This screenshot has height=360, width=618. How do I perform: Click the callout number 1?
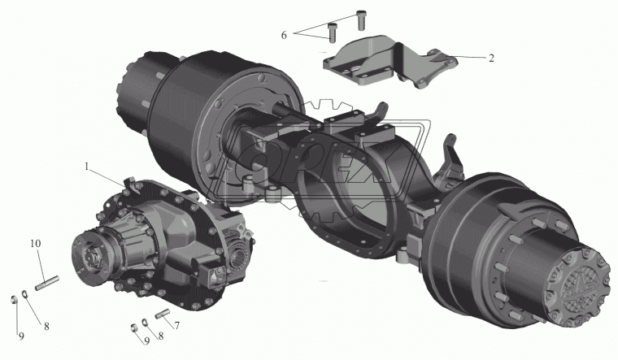[x=87, y=167]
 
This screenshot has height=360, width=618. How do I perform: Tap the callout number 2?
[x=491, y=59]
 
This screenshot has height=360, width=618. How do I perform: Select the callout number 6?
[x=284, y=35]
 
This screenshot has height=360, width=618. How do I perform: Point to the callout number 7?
[x=177, y=326]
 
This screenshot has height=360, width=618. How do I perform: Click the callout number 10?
[x=35, y=244]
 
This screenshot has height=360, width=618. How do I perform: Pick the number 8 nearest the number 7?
[x=161, y=336]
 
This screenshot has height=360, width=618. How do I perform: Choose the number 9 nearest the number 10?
[x=21, y=336]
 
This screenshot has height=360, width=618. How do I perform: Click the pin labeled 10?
[x=47, y=283]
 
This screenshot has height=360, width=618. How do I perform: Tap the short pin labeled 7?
[x=163, y=313]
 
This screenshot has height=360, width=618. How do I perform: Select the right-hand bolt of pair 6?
[x=360, y=20]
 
